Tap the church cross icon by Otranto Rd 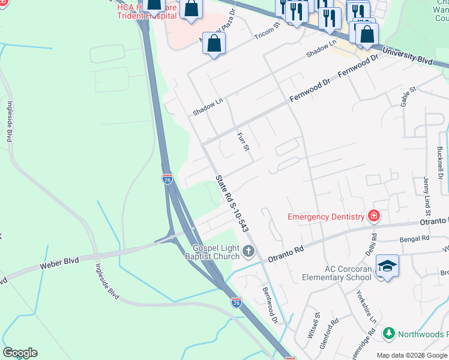pos(249,253)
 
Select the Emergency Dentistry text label pos(326,217)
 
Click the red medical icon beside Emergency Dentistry pos(374,216)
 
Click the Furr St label pos(243,142)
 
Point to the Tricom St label pos(268,32)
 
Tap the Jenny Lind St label pos(427,195)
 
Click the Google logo pos(20,353)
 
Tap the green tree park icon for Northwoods pos(388,333)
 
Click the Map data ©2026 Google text pos(412,355)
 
